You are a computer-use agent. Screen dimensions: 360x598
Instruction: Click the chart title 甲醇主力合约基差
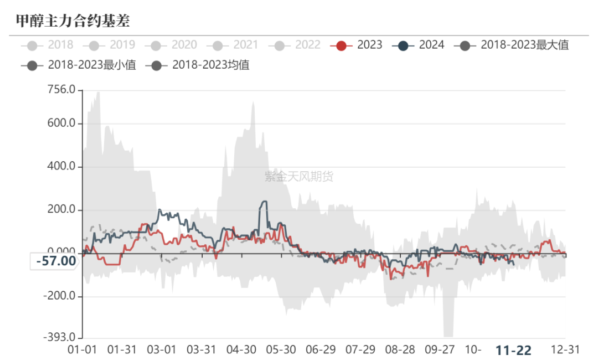[x=73, y=21]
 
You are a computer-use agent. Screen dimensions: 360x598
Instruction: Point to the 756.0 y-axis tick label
[x=61, y=90]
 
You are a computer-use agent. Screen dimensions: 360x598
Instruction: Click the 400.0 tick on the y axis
[x=61, y=167]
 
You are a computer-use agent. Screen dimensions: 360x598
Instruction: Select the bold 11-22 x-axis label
[x=513, y=350]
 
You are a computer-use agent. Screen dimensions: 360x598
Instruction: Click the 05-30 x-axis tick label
[x=281, y=350]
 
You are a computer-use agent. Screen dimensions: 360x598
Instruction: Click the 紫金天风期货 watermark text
[x=299, y=177]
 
